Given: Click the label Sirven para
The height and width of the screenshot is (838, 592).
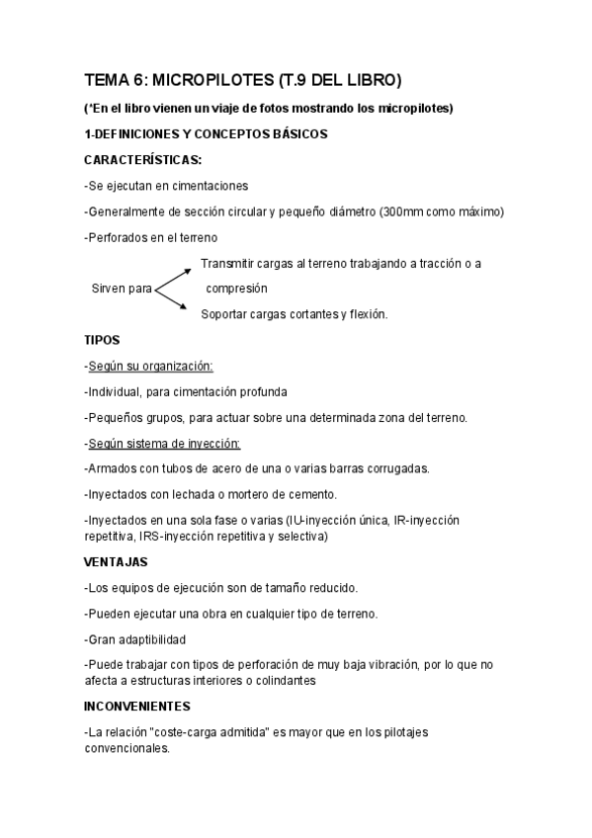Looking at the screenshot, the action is coord(121,290).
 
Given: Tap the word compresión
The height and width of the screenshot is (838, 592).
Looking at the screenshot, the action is coord(236,290).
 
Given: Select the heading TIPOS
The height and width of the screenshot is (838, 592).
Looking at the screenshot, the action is coord(102,340).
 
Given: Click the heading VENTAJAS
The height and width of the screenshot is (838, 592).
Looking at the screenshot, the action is coord(116,561).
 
